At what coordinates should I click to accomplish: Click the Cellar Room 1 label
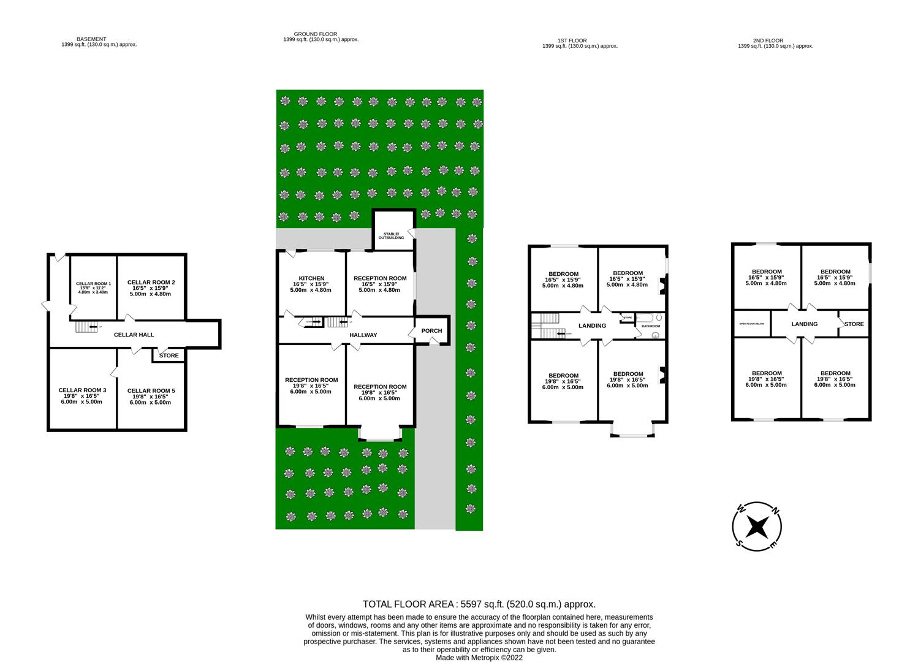(x=93, y=284)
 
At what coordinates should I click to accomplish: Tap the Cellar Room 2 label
(x=151, y=283)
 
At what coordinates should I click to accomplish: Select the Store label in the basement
(x=169, y=356)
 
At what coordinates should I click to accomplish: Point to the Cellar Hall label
(x=134, y=335)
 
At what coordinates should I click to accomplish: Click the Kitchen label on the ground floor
(x=311, y=278)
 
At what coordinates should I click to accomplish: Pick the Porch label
(x=431, y=331)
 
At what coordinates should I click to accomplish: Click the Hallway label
(x=363, y=335)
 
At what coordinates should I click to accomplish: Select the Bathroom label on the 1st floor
(x=651, y=326)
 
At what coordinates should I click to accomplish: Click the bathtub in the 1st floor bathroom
(x=647, y=318)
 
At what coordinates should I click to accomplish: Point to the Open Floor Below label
(x=751, y=324)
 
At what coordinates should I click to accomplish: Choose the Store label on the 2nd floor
(x=854, y=324)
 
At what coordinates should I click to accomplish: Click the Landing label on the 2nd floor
(x=804, y=324)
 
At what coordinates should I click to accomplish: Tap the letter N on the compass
(x=775, y=511)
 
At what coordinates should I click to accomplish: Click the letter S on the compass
(x=740, y=543)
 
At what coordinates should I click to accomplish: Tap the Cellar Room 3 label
(x=82, y=390)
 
